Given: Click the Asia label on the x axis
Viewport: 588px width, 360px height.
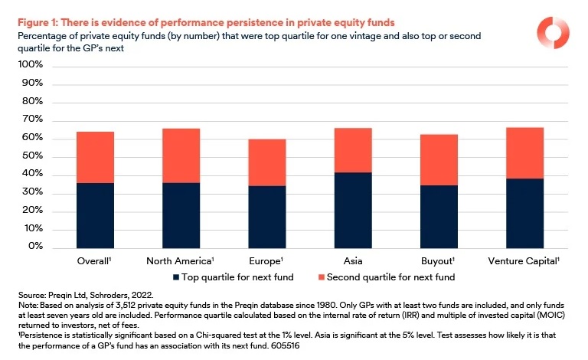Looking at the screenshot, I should coord(352,261).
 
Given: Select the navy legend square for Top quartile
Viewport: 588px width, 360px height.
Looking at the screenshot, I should coord(176,276).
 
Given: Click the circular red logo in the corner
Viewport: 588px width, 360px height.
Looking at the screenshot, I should coord(551,32).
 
